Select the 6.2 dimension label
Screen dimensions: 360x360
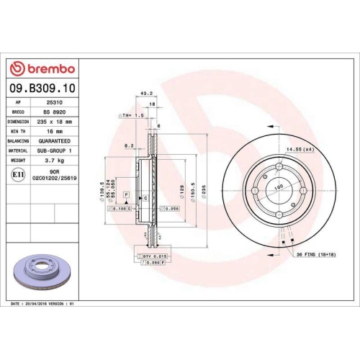point(130,145)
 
